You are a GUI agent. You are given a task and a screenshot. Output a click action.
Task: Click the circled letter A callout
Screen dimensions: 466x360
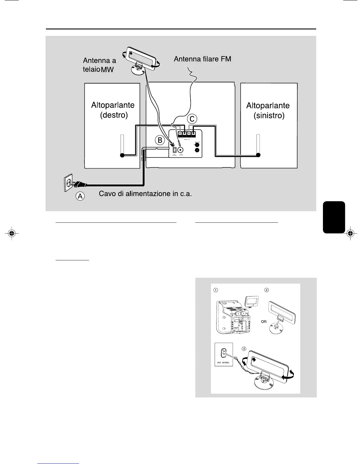click(80, 196)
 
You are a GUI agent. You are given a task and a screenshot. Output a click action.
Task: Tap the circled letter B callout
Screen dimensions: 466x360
click(160, 140)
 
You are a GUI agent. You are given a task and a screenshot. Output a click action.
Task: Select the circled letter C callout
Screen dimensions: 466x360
click(192, 119)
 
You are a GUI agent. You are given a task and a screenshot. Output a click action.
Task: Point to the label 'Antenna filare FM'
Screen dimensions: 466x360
click(202, 59)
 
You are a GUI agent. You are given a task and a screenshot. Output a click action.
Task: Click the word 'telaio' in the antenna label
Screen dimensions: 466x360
click(91, 70)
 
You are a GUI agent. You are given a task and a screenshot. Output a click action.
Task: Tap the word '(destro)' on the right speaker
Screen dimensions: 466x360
click(114, 115)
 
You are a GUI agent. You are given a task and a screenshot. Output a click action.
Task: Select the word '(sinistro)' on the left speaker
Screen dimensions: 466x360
click(269, 115)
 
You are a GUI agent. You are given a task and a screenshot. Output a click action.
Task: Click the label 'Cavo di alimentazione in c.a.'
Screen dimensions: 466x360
click(145, 194)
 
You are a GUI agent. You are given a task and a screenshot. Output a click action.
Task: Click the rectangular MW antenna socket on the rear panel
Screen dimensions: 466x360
click(174, 150)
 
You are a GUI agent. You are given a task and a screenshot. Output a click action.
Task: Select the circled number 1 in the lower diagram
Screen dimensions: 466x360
click(216, 290)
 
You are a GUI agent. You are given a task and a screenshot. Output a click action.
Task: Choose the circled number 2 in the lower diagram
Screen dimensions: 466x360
click(267, 290)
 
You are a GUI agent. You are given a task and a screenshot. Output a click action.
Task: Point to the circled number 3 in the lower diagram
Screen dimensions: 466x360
click(244, 349)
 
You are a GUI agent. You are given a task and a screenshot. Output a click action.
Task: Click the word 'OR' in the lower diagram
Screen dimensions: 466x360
click(264, 322)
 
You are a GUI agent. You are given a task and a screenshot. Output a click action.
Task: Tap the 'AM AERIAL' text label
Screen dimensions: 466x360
click(224, 363)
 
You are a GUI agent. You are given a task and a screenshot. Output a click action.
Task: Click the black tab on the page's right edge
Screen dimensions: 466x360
click(334, 217)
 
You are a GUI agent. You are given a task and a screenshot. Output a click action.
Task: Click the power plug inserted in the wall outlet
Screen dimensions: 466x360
click(79, 185)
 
